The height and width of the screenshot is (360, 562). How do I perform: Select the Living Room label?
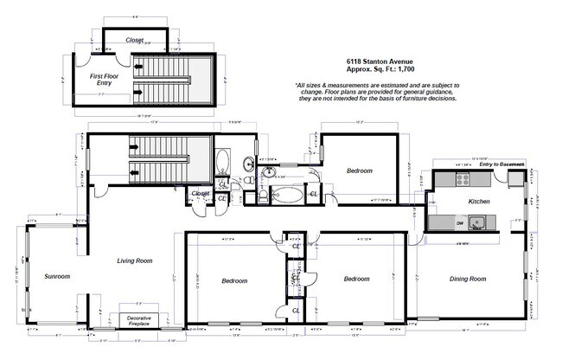[x=134, y=260]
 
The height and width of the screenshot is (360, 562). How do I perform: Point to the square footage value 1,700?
[x=401, y=70]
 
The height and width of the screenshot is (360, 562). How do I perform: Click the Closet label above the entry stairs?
[x=135, y=39]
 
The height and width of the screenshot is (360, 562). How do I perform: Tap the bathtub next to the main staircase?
[x=223, y=162]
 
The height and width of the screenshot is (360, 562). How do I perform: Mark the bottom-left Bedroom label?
[x=234, y=280]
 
